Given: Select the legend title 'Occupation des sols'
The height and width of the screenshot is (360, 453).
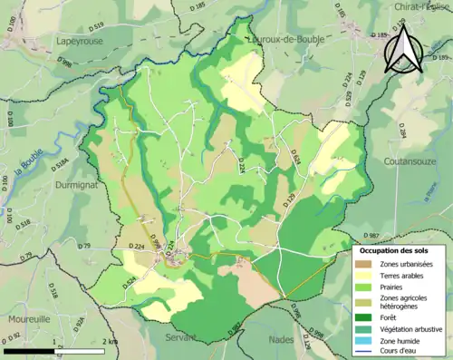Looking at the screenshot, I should tap(398, 249).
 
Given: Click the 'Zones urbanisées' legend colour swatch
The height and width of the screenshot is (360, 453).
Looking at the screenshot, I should tap(367, 263).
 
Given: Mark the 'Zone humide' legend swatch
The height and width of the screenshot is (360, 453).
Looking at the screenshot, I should tap(367, 341).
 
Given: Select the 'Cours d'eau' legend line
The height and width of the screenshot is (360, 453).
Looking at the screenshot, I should tap(367, 353).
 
